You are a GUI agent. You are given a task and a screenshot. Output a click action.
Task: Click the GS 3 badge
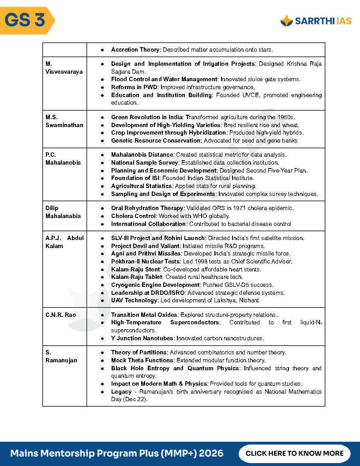[26, 20]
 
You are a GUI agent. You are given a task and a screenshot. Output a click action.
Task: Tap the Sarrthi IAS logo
[316, 21]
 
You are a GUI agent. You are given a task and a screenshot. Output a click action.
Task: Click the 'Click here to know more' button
[294, 453]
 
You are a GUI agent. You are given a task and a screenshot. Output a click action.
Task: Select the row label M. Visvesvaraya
[64, 68]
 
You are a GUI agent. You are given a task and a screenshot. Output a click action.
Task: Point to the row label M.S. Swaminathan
[64, 121]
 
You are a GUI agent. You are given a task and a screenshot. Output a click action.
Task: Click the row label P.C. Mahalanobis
[63, 158]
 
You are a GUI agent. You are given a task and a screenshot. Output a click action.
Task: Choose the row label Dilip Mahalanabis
[63, 212]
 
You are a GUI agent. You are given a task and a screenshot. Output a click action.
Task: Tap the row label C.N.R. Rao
[60, 315]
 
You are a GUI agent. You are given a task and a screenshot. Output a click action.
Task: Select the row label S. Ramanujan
[61, 356]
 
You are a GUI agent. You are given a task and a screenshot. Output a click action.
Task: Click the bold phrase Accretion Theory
[135, 49]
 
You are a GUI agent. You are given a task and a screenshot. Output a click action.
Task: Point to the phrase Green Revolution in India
[147, 117]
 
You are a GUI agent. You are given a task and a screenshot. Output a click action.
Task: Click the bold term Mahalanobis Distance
[142, 154]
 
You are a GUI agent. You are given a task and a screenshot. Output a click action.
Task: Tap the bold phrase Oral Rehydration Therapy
[147, 208]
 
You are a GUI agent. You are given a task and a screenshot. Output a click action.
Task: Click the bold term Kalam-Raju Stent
[135, 269]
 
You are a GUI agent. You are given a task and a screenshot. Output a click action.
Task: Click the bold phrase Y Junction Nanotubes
[142, 338]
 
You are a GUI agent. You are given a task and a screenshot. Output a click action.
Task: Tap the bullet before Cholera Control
[102, 216]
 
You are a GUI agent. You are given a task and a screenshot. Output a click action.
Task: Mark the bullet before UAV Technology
[102, 301]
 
